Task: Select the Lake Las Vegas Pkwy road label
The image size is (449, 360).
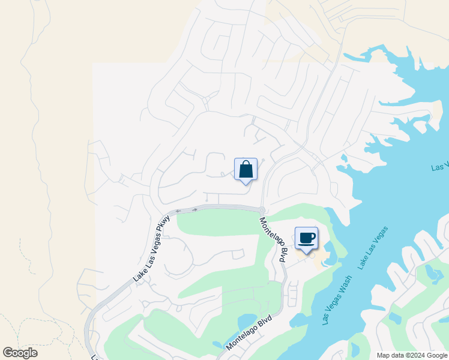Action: [x=152, y=249]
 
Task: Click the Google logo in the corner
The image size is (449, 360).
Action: [x=20, y=353]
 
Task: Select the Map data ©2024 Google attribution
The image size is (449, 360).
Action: [x=412, y=355]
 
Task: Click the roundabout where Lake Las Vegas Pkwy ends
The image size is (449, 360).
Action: [x=262, y=209]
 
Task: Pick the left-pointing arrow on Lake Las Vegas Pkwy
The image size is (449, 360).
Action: [x=178, y=211]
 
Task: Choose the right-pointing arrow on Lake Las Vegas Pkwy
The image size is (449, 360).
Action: [x=194, y=210]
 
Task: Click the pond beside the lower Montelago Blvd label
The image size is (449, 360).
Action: [x=246, y=323]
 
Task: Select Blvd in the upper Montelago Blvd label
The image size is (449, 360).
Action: [x=281, y=255]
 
